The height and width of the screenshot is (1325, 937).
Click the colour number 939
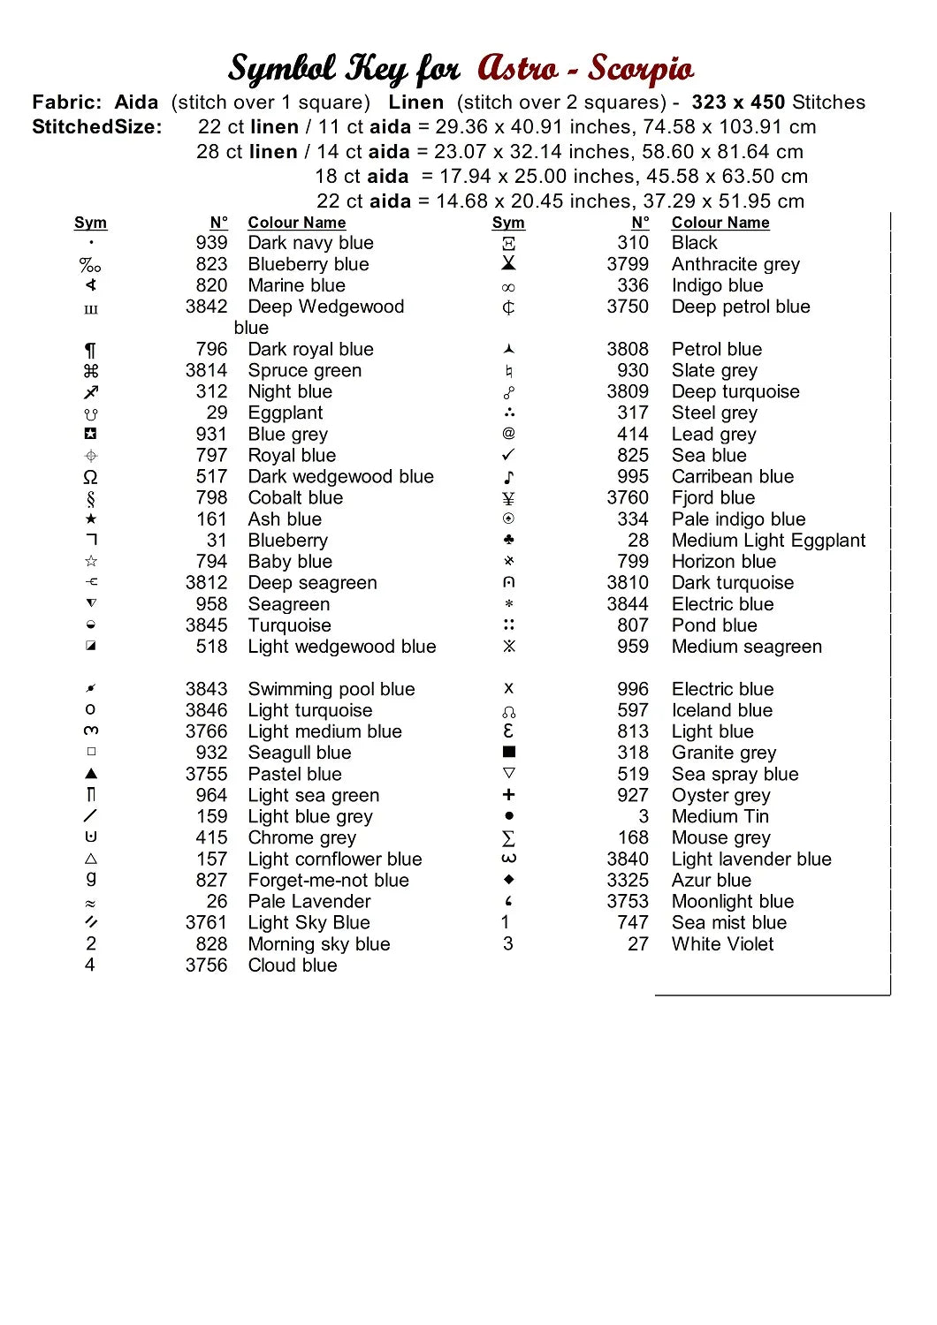(x=211, y=243)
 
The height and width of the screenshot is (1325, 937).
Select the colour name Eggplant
(x=285, y=413)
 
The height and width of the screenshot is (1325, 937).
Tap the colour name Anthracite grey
(x=735, y=264)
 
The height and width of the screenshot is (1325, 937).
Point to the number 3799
(x=628, y=264)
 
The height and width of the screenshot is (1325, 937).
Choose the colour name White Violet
(x=722, y=944)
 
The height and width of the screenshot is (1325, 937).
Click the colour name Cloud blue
(x=293, y=965)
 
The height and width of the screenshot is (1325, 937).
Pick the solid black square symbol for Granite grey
(x=509, y=753)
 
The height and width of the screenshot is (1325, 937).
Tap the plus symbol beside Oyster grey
(x=508, y=795)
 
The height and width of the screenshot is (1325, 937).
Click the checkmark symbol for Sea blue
(x=508, y=456)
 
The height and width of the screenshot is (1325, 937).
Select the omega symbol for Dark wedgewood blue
(x=90, y=477)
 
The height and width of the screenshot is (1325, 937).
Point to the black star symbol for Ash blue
(x=91, y=519)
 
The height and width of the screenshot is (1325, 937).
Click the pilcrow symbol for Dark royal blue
(x=90, y=350)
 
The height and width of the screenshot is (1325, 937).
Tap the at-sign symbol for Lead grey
(x=508, y=434)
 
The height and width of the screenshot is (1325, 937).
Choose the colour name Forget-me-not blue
(x=328, y=881)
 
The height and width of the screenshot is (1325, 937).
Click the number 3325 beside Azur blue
(x=628, y=881)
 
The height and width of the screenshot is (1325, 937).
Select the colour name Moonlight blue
(x=733, y=902)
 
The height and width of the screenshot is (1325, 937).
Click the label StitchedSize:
(x=97, y=127)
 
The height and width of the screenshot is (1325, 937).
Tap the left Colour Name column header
(x=296, y=223)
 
